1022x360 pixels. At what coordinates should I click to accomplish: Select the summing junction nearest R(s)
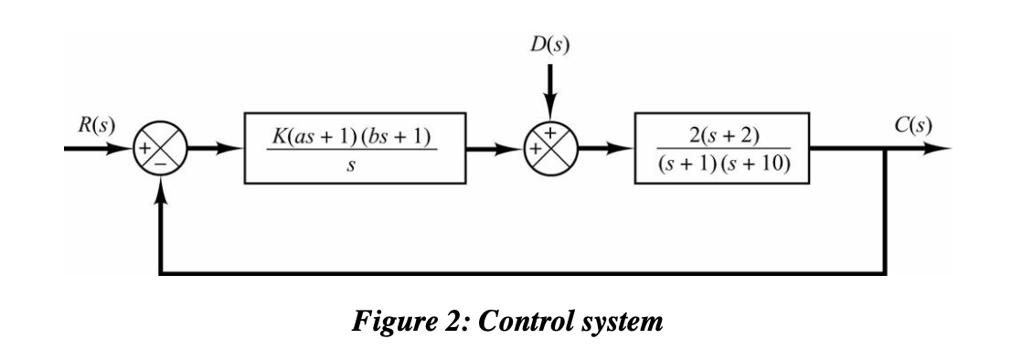tap(161, 149)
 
